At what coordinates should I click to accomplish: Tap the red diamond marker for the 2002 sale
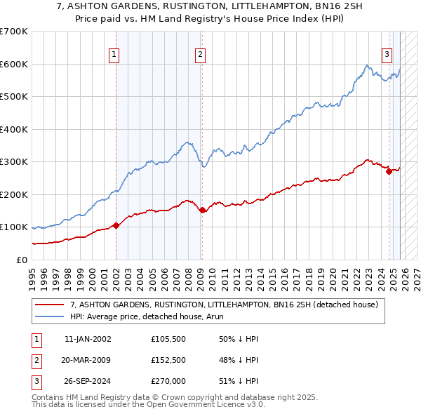tap(116, 225)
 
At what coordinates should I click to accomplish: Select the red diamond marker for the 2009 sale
tap(202, 210)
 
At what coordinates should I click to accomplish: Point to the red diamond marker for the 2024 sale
tap(389, 171)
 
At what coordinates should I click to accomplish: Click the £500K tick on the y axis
tap(14, 97)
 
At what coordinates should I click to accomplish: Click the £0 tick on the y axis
tap(21, 260)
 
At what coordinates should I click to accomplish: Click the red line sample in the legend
tap(50, 305)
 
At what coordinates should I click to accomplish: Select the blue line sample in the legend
tap(50, 316)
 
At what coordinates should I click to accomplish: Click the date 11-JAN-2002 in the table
tap(88, 338)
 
